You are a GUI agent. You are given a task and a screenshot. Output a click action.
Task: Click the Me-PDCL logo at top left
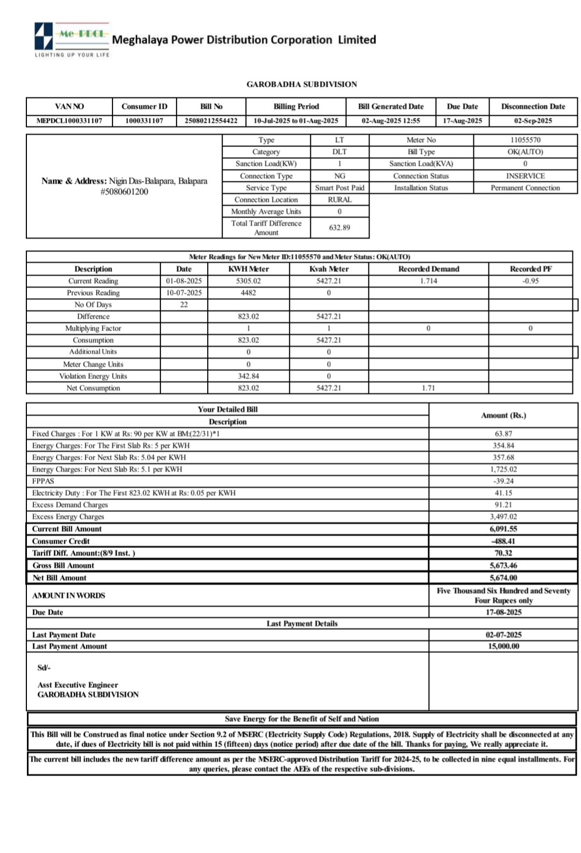(72, 39)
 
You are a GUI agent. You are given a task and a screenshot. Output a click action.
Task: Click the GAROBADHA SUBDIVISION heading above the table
(301, 84)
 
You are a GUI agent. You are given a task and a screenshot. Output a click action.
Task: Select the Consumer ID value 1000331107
(144, 121)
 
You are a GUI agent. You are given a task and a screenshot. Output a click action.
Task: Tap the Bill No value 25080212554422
(211, 121)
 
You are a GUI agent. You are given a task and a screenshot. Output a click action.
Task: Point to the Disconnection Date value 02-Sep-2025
(533, 121)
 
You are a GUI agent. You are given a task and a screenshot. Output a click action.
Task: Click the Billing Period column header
(296, 106)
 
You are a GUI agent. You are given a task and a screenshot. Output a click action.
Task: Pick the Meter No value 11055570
(525, 140)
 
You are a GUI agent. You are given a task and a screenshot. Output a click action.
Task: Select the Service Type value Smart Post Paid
(339, 188)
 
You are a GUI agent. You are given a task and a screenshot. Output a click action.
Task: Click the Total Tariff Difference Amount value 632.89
(339, 228)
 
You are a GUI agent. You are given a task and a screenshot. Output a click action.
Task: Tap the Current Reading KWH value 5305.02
(248, 281)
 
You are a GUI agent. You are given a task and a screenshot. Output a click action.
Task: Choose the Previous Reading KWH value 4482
(248, 293)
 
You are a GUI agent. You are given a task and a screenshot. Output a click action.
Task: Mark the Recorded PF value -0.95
(530, 281)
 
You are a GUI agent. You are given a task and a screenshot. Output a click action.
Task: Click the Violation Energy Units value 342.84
(248, 376)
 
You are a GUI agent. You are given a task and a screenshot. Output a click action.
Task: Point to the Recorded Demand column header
(428, 269)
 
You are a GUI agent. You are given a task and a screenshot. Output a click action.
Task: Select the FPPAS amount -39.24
(503, 481)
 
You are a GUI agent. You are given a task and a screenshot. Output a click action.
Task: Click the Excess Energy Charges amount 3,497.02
(503, 516)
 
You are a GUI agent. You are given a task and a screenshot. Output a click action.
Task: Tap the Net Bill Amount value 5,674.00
(503, 578)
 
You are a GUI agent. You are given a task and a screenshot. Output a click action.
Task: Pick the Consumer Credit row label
(61, 541)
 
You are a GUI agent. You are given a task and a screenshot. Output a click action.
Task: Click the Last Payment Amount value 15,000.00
(503, 646)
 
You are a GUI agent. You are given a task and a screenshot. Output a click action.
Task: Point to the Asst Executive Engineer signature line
(77, 685)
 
